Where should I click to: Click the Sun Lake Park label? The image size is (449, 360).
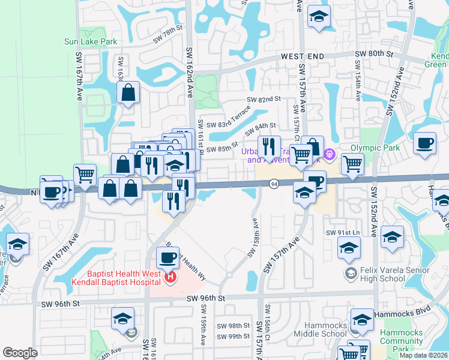[x=91, y=42]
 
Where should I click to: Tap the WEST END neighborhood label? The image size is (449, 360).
[x=303, y=56]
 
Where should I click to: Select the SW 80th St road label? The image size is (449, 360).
[x=373, y=53]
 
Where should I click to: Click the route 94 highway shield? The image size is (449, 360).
[x=274, y=184]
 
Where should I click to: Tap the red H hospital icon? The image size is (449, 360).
[x=170, y=278]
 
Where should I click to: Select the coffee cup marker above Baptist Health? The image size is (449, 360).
[x=167, y=259]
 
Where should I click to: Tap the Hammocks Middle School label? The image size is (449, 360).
[x=323, y=329]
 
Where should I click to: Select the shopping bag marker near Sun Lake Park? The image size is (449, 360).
[x=128, y=94]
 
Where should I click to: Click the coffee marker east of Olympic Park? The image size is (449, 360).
[x=424, y=144]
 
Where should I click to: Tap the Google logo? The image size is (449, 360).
[x=20, y=353]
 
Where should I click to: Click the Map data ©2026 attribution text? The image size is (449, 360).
[x=423, y=355]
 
